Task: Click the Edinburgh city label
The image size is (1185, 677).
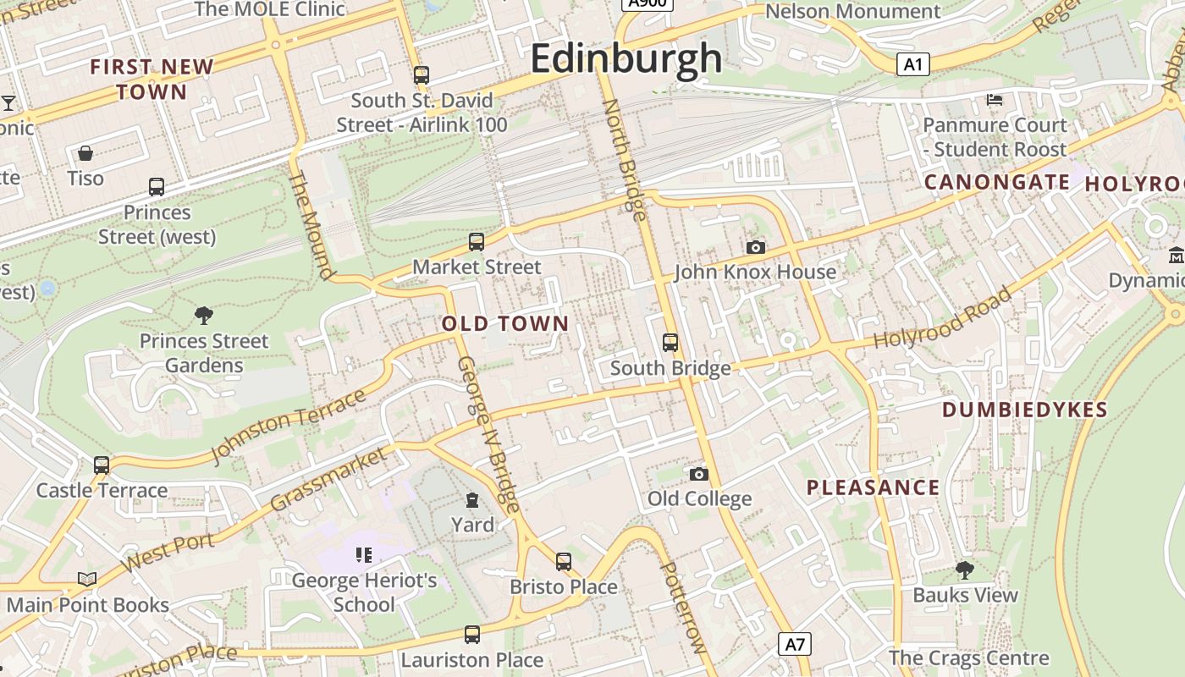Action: pyautogui.click(x=626, y=59)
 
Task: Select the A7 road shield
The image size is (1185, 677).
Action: pyautogui.click(x=794, y=644)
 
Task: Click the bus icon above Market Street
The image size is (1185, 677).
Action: pyautogui.click(x=477, y=242)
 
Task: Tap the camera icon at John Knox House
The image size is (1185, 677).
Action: pyautogui.click(x=756, y=247)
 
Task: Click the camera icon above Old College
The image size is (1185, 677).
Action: pyautogui.click(x=699, y=474)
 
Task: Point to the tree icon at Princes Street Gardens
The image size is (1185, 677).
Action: pyautogui.click(x=204, y=316)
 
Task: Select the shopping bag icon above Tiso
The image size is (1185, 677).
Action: pyautogui.click(x=85, y=153)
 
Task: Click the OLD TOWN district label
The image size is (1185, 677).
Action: pyautogui.click(x=505, y=324)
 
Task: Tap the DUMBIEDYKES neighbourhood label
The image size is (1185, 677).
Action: pyautogui.click(x=1025, y=410)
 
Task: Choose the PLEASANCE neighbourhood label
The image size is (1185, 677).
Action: pyautogui.click(x=873, y=487)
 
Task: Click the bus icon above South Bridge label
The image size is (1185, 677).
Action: pyautogui.click(x=670, y=343)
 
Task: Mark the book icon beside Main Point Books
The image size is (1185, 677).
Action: pyautogui.click(x=87, y=580)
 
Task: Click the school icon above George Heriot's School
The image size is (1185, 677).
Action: pyautogui.click(x=364, y=555)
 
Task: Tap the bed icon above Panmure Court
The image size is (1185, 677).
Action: pyautogui.click(x=995, y=100)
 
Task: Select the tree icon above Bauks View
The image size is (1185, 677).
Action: pyautogui.click(x=964, y=570)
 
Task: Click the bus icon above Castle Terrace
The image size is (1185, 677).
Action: pyautogui.click(x=102, y=465)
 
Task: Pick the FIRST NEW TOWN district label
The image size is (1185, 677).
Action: pyautogui.click(x=152, y=79)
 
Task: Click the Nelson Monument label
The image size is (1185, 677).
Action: pyautogui.click(x=853, y=11)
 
